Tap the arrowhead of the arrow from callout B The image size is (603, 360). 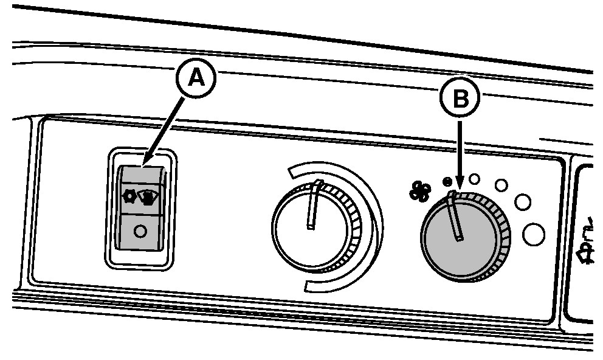(x=460, y=186)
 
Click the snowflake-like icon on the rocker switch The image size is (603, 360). (x=129, y=196)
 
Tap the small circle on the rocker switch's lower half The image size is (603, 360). (x=140, y=232)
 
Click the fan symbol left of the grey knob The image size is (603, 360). (x=419, y=192)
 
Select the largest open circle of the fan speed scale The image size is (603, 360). (x=533, y=234)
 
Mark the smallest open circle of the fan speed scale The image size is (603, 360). (x=475, y=179)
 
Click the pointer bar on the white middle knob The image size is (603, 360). (x=314, y=204)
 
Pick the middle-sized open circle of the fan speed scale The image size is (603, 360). (x=501, y=184)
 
